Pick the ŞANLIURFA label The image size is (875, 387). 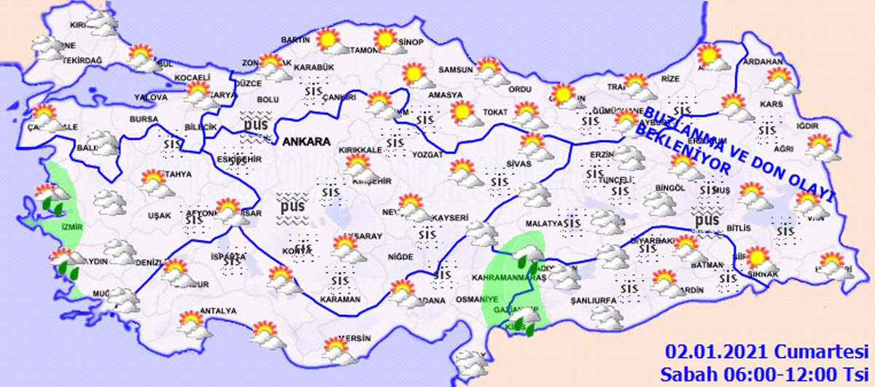point(593,300)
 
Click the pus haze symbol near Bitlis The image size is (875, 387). point(707,219)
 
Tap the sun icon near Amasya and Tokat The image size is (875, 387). point(462,112)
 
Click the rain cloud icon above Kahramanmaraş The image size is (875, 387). point(526,256)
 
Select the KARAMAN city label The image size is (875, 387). point(340,300)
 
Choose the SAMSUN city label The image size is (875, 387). point(455,71)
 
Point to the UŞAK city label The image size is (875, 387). point(158,216)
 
